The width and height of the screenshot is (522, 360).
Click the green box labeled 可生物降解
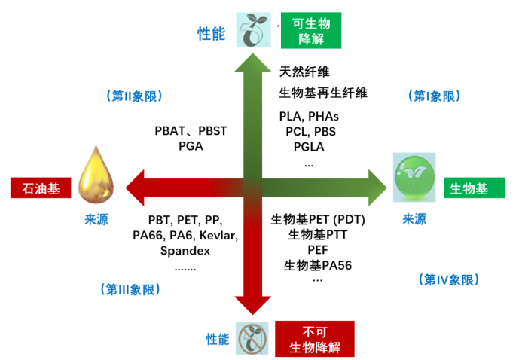point(310,31)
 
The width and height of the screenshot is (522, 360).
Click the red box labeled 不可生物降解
point(316,340)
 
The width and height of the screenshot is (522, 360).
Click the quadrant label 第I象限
point(434,96)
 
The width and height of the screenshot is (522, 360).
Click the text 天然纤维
point(304,72)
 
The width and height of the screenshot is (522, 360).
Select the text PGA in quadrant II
point(191,145)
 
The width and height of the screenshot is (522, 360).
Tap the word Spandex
point(185,251)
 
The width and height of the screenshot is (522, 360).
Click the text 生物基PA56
point(318,265)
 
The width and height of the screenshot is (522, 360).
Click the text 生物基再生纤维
point(323,93)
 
